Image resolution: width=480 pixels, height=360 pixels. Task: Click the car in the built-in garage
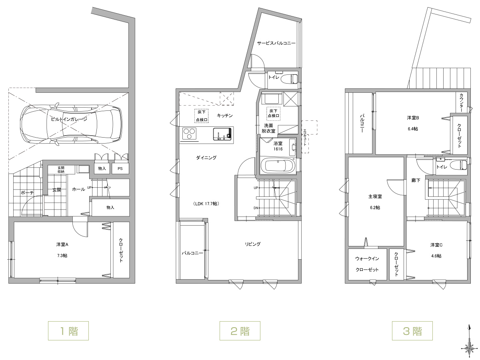tap(71, 124)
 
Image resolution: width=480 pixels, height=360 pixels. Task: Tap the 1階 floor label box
tap(68, 331)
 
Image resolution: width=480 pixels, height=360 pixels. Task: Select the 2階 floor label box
tap(240, 331)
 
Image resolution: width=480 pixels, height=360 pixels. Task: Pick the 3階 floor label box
tap(412, 331)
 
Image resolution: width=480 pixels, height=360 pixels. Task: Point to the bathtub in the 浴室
tap(278, 166)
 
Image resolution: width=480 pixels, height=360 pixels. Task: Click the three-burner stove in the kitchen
tap(189, 133)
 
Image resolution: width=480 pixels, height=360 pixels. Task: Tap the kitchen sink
tap(222, 134)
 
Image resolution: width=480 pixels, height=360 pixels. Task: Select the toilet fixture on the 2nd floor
tap(289, 79)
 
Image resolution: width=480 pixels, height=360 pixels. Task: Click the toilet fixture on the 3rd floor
tap(458, 164)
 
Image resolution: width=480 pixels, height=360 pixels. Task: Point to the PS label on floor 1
tap(120, 169)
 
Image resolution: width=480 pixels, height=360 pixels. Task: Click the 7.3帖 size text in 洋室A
tap(62, 256)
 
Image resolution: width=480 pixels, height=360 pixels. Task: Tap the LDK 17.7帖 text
tap(206, 204)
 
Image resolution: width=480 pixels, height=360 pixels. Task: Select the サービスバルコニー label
tap(276, 43)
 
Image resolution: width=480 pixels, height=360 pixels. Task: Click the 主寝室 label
tap(375, 196)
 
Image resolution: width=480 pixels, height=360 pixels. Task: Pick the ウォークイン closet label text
tap(367, 258)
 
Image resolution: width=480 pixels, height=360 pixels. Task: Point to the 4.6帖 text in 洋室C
tap(436, 256)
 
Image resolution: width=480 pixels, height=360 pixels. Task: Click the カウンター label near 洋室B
tap(461, 102)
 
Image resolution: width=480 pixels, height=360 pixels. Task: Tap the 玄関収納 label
tap(61, 170)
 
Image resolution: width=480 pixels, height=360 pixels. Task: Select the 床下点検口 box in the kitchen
tap(202, 116)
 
